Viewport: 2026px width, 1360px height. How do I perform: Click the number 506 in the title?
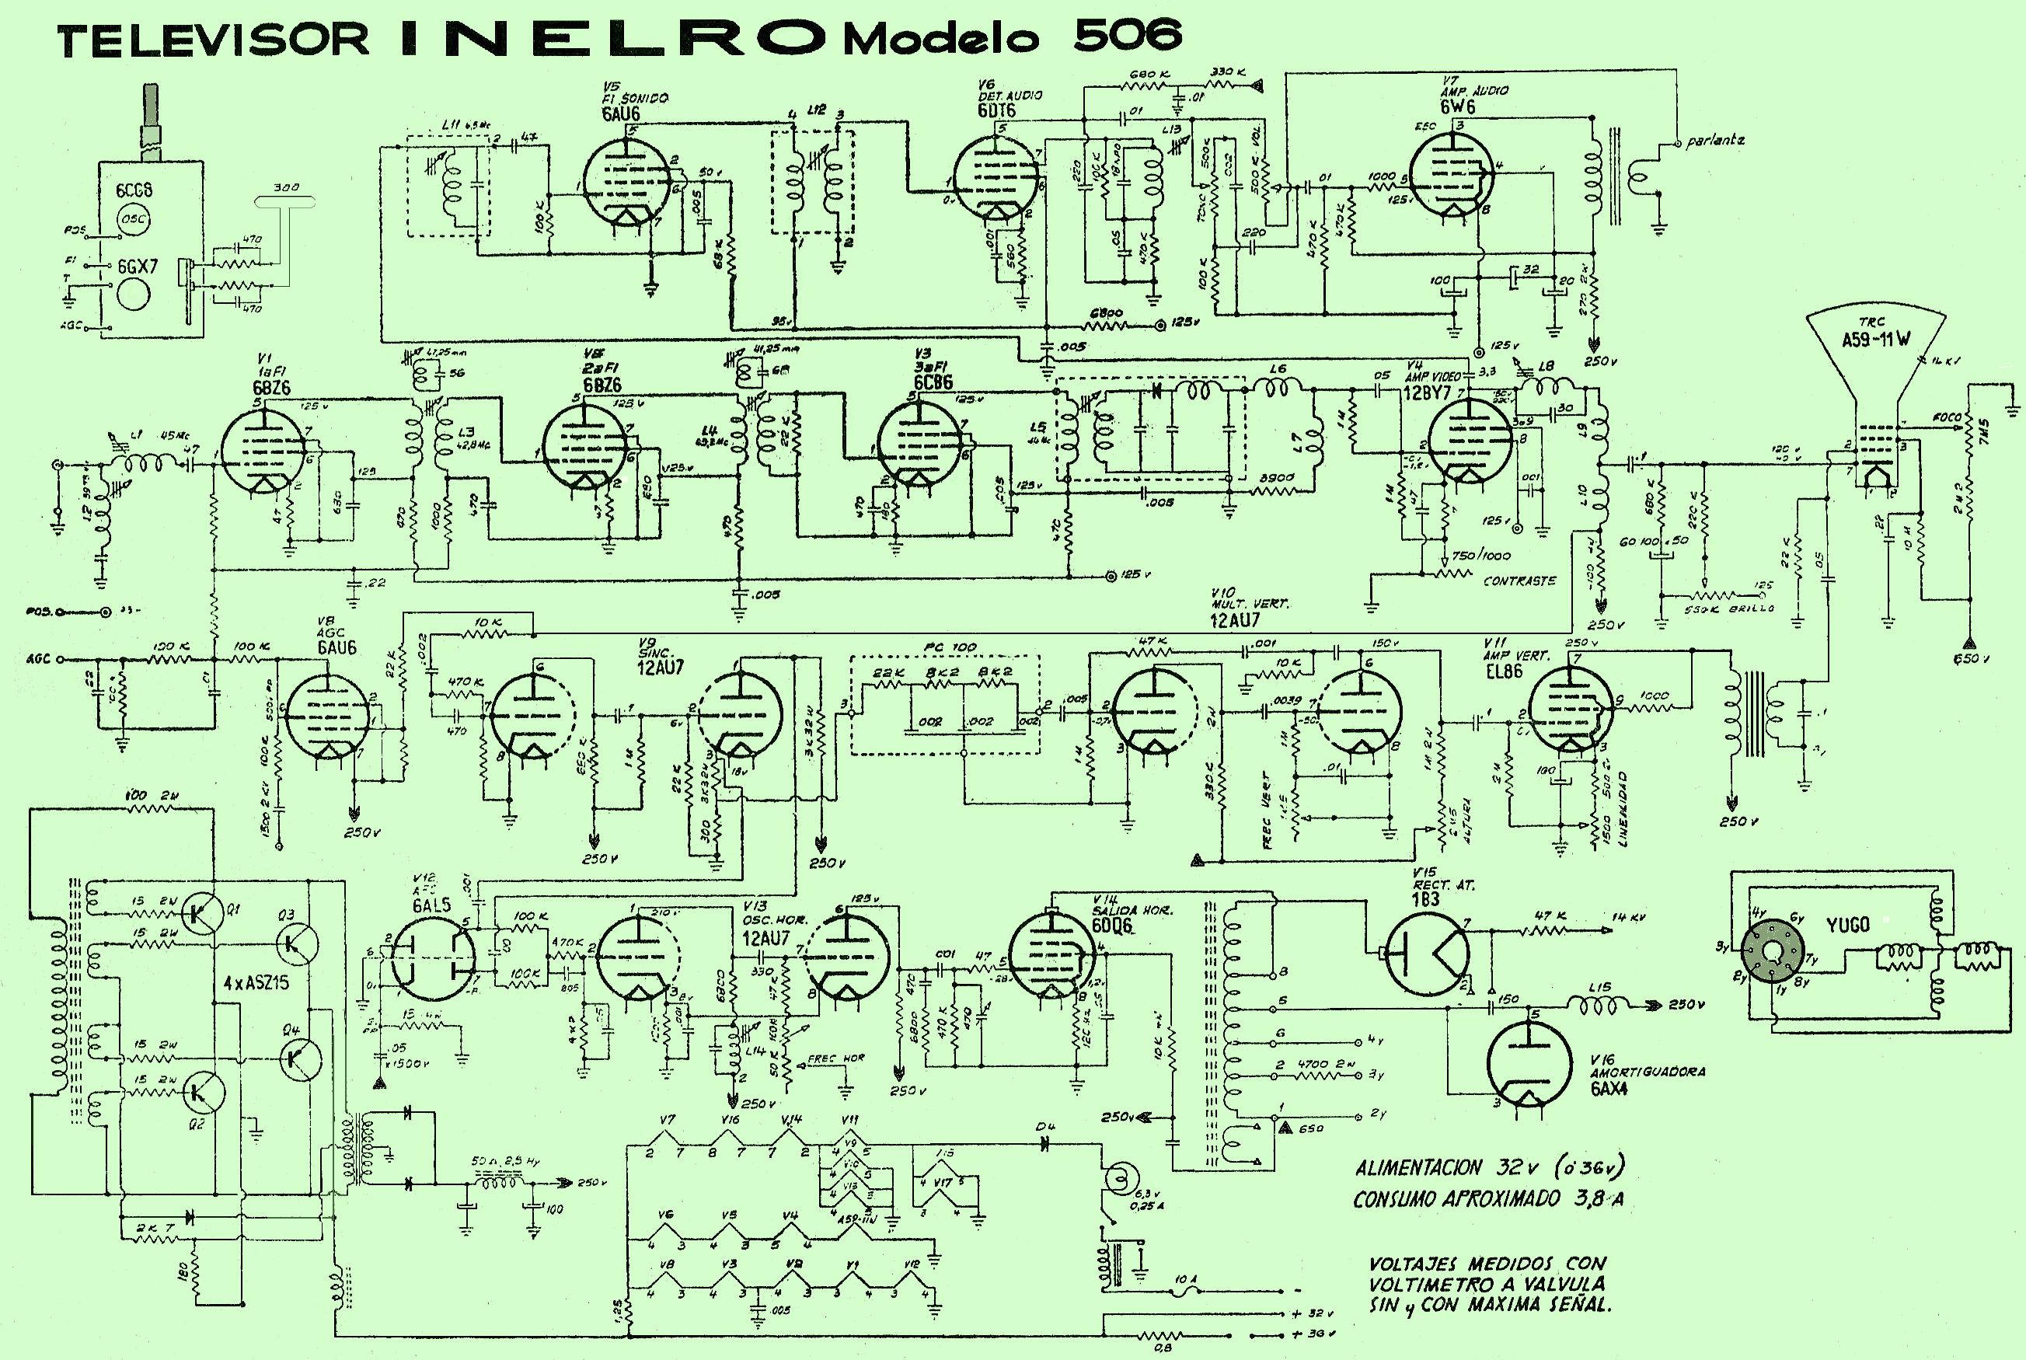[1127, 36]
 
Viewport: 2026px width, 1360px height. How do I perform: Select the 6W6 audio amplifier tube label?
[1458, 106]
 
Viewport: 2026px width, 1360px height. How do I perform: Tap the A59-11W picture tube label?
[1876, 339]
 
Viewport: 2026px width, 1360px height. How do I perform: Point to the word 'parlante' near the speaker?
[1714, 141]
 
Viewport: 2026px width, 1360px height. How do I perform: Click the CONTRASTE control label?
[1519, 581]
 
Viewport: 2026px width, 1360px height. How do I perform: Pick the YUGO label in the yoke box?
[1847, 926]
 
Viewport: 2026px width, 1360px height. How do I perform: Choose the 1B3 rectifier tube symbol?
[1428, 954]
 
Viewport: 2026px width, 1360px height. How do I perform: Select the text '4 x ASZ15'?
[256, 984]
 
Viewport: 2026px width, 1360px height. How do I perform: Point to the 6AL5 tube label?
[431, 905]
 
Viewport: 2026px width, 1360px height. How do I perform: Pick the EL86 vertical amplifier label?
[1503, 671]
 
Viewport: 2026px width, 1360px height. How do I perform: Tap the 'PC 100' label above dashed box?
[950, 648]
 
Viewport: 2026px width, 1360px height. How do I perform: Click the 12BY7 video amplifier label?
[1427, 393]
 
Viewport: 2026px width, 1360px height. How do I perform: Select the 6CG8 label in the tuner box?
[134, 190]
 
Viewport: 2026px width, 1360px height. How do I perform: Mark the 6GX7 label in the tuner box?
[138, 267]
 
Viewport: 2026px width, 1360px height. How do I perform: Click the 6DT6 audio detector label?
[996, 111]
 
